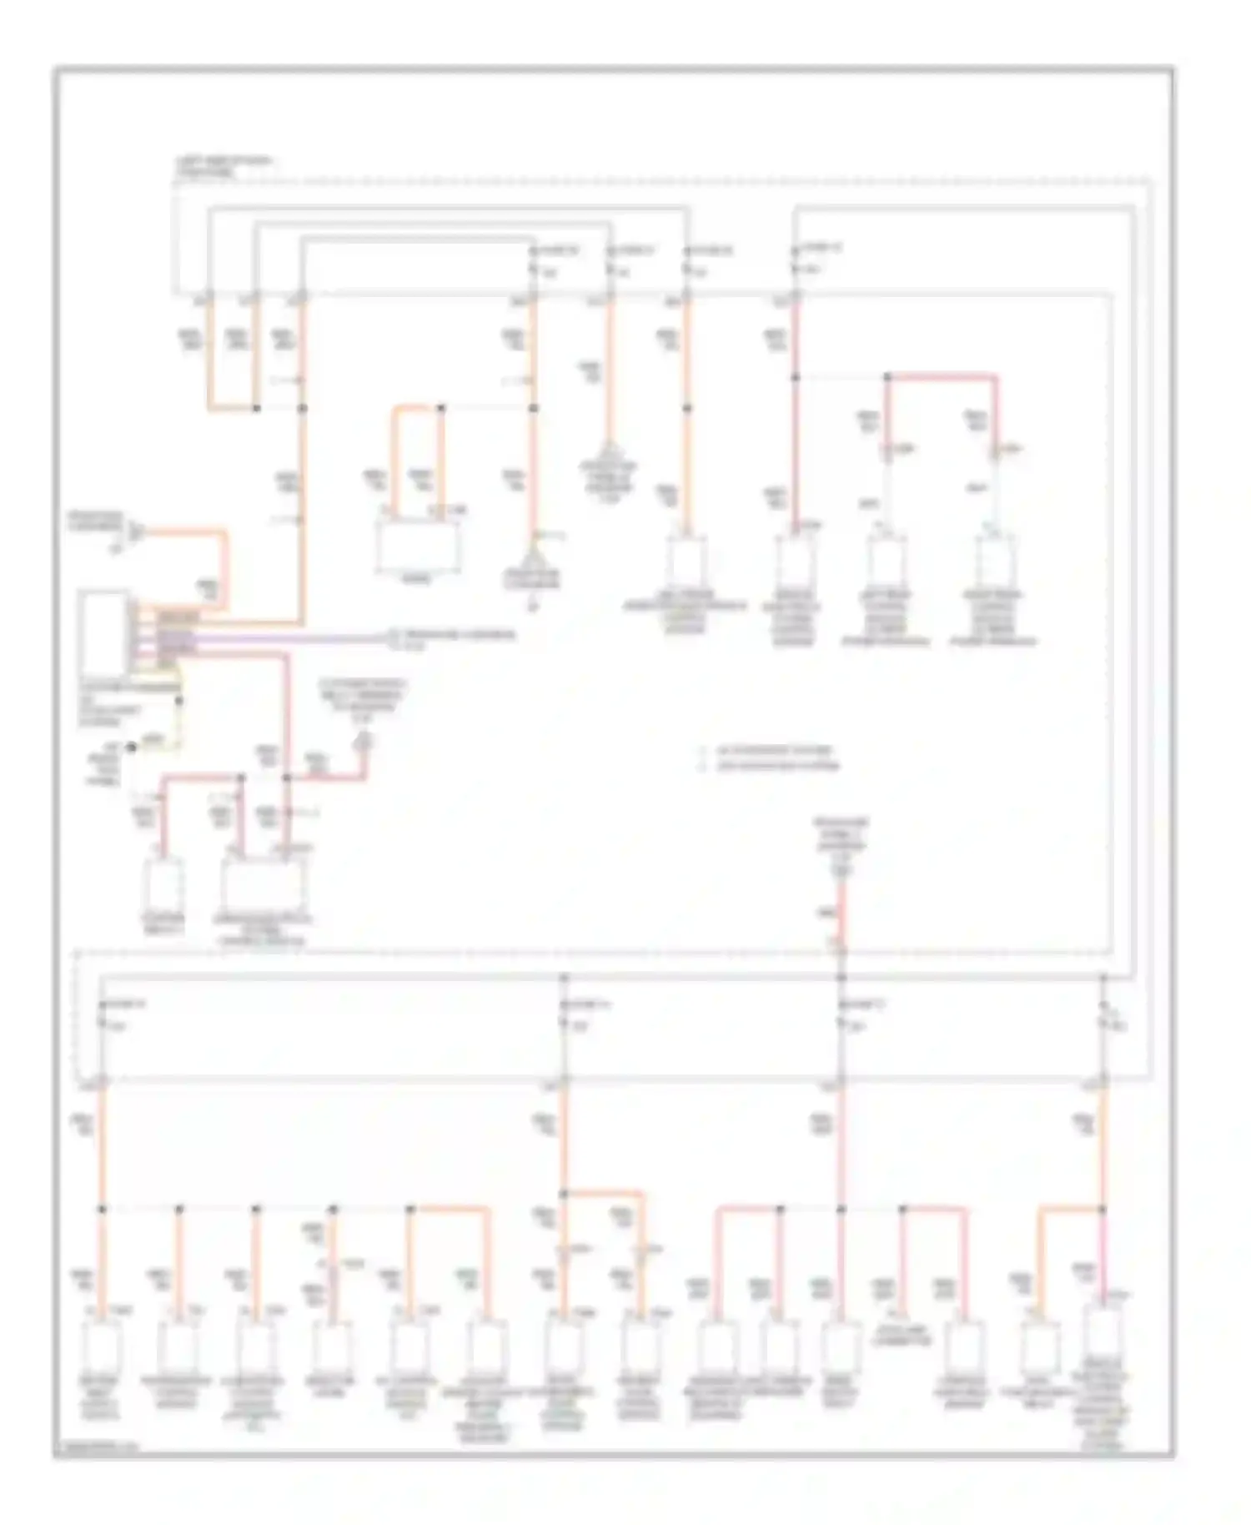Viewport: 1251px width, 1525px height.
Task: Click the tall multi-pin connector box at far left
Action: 103,634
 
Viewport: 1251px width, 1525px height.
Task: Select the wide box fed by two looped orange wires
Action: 417,547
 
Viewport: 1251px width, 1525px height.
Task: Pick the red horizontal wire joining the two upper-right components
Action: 942,377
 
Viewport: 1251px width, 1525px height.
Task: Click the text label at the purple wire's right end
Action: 455,638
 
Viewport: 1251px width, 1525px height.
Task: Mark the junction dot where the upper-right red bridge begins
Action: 888,378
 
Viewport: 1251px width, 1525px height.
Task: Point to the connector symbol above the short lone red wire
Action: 842,871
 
